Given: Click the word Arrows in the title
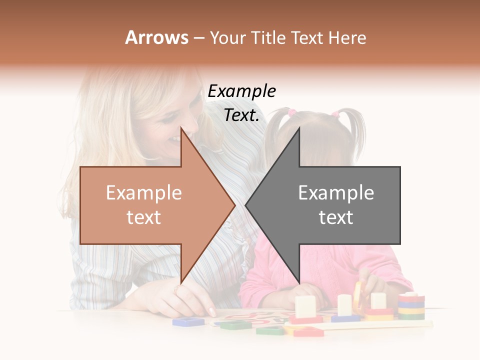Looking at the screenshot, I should coord(156,37).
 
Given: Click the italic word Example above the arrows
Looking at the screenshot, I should coord(241,91).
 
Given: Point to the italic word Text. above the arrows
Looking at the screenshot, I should coord(241,115).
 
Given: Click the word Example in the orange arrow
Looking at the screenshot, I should coord(144,193).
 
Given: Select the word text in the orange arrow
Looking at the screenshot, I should coord(144,217).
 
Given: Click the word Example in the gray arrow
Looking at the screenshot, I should coord(336,193).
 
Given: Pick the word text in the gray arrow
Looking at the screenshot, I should coord(336,217).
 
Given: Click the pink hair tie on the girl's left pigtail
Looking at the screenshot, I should coord(292,112).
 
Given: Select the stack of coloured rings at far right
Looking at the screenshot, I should coord(411,306).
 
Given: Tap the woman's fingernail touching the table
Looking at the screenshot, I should coord(212,312).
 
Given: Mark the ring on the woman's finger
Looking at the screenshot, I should coord(178,289).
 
